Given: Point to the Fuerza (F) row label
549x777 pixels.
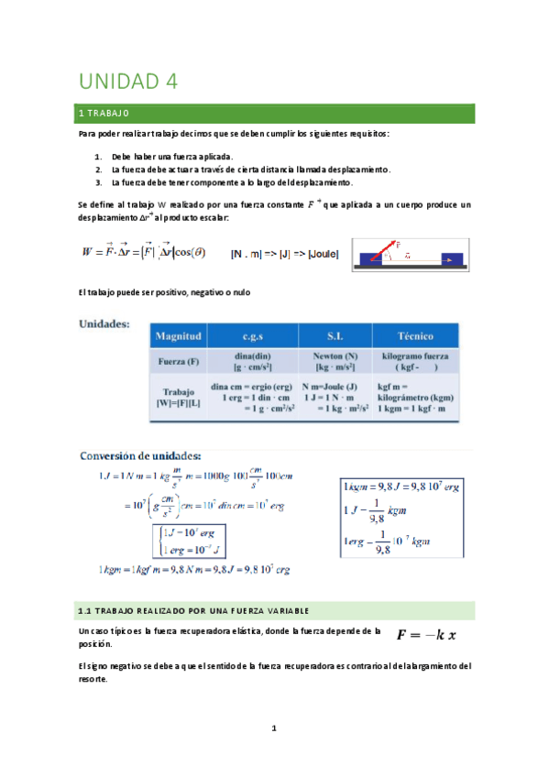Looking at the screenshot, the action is [180, 361].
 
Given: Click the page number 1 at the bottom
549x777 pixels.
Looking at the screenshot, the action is [273, 729].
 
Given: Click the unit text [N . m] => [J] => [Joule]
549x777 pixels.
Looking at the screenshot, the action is [284, 254].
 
